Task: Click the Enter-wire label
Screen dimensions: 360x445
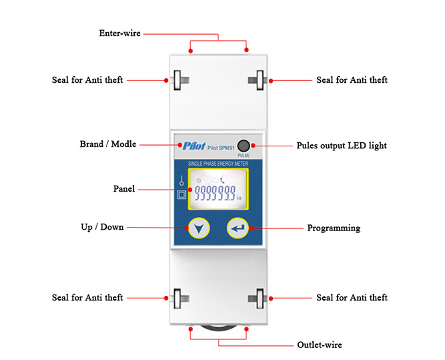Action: (119, 33)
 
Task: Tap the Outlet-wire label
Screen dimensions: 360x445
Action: (319, 345)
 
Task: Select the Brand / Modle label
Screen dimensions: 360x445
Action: (107, 144)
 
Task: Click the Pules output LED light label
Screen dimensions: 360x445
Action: (341, 145)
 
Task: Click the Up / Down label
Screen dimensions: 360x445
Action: (102, 227)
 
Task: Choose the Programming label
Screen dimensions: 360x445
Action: (333, 228)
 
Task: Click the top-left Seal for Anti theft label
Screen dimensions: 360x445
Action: (87, 80)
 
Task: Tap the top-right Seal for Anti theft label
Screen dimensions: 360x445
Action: (352, 80)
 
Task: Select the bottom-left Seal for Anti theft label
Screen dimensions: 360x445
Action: (87, 297)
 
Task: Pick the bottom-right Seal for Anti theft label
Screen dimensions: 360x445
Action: (352, 297)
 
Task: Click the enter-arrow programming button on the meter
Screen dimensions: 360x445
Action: (238, 228)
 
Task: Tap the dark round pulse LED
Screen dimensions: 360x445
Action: (244, 146)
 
